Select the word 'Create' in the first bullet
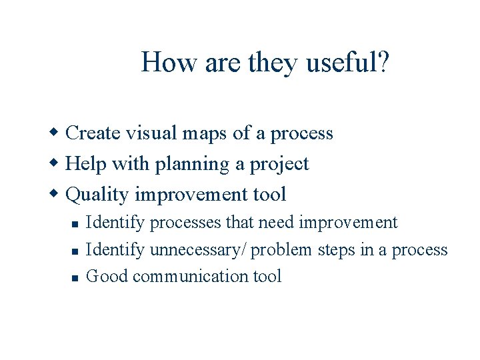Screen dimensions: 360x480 point(94,133)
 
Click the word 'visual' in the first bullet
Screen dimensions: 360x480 point(151,133)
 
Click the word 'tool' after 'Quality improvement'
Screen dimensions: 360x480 point(270,195)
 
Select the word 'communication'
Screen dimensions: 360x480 point(191,276)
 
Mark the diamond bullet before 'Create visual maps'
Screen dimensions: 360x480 point(57,133)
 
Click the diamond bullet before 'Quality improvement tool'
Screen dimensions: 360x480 point(57,194)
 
